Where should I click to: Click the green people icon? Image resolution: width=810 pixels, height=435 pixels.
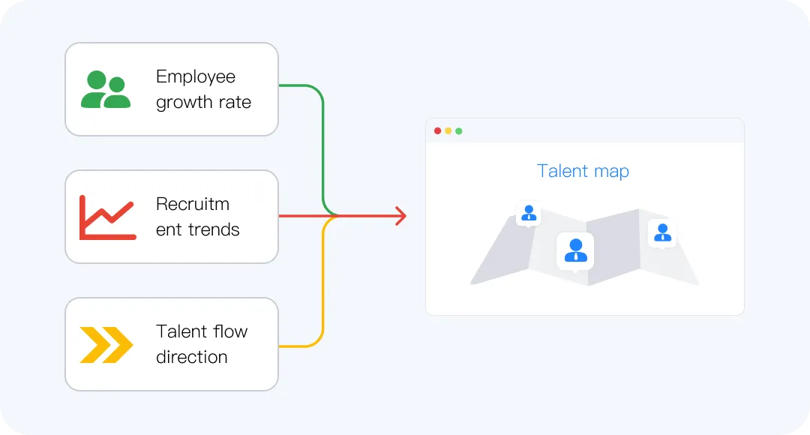[x=106, y=89]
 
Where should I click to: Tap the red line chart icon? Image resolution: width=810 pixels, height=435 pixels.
[x=107, y=217]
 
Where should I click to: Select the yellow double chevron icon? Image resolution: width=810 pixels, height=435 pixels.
[x=106, y=344]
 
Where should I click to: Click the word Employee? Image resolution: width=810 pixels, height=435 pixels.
[x=195, y=76]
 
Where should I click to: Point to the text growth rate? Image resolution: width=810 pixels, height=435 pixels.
[x=203, y=103]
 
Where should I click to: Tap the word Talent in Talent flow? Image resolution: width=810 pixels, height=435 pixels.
[x=181, y=331]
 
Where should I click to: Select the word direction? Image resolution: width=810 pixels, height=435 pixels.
[x=191, y=357]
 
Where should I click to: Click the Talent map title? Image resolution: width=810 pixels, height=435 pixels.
[x=583, y=171]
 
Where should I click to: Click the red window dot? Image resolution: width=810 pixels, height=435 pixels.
[x=438, y=131]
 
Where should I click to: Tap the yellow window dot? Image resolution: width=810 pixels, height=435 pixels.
[x=448, y=131]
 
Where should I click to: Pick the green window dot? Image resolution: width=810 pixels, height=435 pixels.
[x=459, y=131]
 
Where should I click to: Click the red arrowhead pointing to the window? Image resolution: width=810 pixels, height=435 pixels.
[x=400, y=216]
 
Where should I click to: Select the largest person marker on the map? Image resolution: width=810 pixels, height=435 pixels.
[x=575, y=250]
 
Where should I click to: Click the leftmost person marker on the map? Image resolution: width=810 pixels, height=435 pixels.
[x=529, y=213]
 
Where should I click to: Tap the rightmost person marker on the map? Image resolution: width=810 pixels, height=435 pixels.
[x=662, y=232]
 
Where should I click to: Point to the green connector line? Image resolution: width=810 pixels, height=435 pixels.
[x=322, y=142]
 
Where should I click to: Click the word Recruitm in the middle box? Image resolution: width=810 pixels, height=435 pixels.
[x=192, y=204]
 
